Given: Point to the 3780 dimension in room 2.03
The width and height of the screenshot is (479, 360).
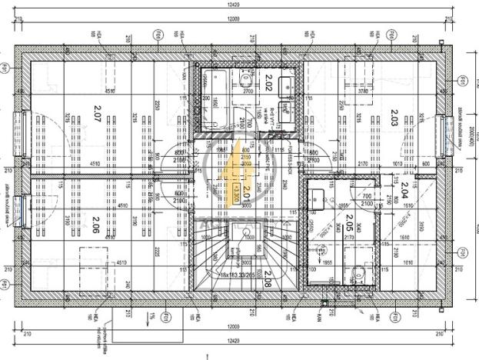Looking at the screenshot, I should point(362,90).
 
